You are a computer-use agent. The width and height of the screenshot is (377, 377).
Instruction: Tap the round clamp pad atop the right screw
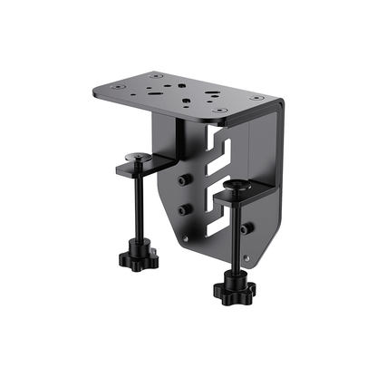coord(238,187)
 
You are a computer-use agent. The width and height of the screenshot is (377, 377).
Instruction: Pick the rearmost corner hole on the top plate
coord(159,76)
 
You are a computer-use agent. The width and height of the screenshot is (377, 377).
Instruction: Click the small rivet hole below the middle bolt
coord(185,237)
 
